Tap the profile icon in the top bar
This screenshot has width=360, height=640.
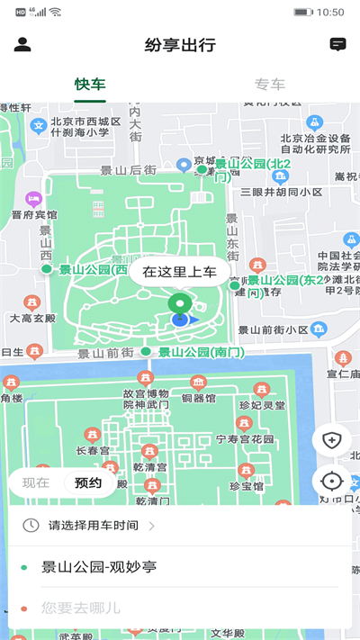pos(22,44)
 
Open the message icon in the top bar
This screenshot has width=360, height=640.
pos(337,44)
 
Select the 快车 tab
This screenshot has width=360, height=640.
pos(90,85)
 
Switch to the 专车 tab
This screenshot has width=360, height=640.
pos(270,85)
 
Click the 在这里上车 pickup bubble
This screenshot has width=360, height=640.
pos(180,271)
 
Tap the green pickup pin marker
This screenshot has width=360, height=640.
pos(180,304)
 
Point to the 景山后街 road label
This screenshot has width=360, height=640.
pos(129,169)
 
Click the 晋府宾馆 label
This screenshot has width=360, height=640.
pos(34,215)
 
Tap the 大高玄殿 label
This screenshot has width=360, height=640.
pos(33,318)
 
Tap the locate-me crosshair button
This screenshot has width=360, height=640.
pos(331,481)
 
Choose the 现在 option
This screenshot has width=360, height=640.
pos(36,482)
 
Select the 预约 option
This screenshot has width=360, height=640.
pos(88,482)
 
